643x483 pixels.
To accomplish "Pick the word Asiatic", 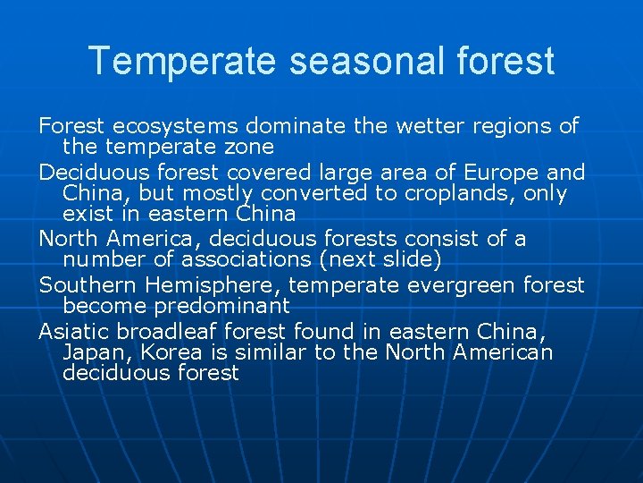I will coord(73,330).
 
